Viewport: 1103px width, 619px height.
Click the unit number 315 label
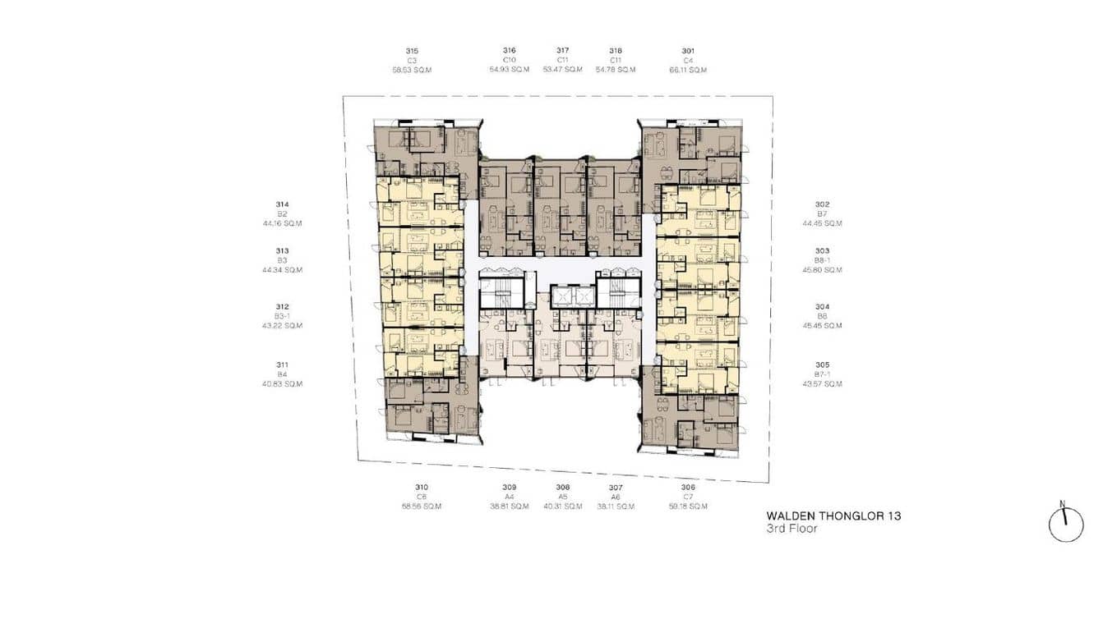click(x=412, y=51)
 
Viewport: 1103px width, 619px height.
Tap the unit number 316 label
click(x=510, y=51)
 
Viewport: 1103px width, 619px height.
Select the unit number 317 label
click(x=562, y=51)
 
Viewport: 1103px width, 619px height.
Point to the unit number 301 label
click(x=688, y=51)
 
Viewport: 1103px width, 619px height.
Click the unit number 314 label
click(x=282, y=204)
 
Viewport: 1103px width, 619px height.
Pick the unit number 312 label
click(x=282, y=307)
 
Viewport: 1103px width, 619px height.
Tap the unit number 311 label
click(x=282, y=365)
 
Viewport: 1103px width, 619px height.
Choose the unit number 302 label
click(x=822, y=204)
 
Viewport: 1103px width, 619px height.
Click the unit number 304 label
click(x=822, y=307)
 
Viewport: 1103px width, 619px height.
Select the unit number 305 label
click(x=822, y=365)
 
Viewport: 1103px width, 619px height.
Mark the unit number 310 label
click(x=422, y=488)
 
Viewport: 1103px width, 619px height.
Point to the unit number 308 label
click(x=562, y=488)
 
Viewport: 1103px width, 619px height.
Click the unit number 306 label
click(x=688, y=488)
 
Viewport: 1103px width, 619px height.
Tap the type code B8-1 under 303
click(x=822, y=260)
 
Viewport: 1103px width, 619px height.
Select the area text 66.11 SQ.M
click(x=688, y=70)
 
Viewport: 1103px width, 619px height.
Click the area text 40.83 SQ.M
click(x=282, y=384)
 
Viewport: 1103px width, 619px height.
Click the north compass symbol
click(x=1065, y=524)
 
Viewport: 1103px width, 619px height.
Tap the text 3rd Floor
click(x=791, y=530)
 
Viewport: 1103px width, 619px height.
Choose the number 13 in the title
click(x=893, y=516)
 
